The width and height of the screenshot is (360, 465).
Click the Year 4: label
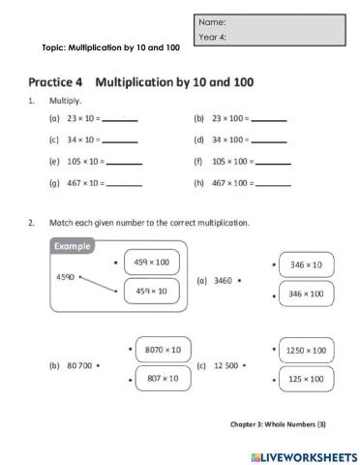coord(213,38)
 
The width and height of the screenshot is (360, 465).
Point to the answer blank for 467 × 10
coord(124,183)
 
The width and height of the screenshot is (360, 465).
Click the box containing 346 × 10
coord(306,263)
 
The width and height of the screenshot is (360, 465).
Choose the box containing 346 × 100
coord(306,294)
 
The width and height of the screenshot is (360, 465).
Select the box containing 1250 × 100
coord(306,349)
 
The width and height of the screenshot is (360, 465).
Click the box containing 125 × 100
coord(306,381)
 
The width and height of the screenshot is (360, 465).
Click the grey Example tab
coord(73,246)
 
